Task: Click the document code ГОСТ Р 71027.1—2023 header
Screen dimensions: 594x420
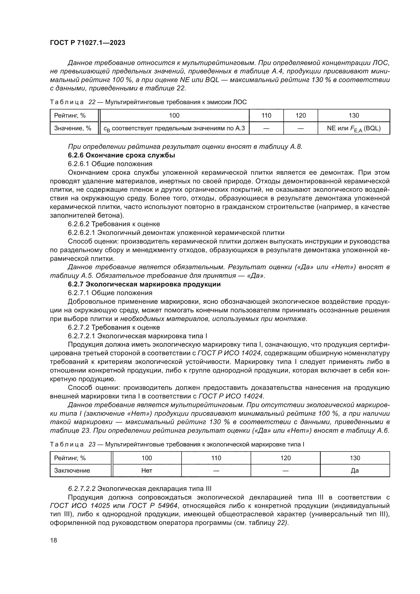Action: [x=87, y=43]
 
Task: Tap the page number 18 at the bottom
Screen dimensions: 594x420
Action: [x=54, y=540]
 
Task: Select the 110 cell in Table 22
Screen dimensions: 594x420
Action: [x=266, y=115]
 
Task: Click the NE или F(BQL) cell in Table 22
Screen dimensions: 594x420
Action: [x=353, y=128]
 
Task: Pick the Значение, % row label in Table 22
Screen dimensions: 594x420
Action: [x=72, y=128]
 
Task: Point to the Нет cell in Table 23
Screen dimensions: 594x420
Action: [x=147, y=470]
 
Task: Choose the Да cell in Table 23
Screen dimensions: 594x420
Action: [x=354, y=470]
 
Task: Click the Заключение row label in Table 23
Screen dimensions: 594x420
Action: [x=72, y=470]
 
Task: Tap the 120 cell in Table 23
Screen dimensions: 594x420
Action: [x=285, y=458]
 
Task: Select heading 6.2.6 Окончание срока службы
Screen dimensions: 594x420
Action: [x=121, y=155]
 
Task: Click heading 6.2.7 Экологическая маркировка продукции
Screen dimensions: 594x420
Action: [x=144, y=284]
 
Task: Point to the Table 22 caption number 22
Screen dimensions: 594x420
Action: [x=92, y=102]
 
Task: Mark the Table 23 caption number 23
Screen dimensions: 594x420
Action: [x=92, y=444]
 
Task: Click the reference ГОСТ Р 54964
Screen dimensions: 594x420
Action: [x=154, y=506]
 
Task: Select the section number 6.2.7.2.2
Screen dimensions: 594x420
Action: [x=82, y=488]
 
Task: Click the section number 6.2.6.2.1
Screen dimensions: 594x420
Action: [x=82, y=233]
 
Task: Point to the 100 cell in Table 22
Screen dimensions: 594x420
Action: [x=174, y=115]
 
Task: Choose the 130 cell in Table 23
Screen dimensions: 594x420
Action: [x=354, y=458]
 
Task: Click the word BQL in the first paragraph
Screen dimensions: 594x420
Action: [x=212, y=80]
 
